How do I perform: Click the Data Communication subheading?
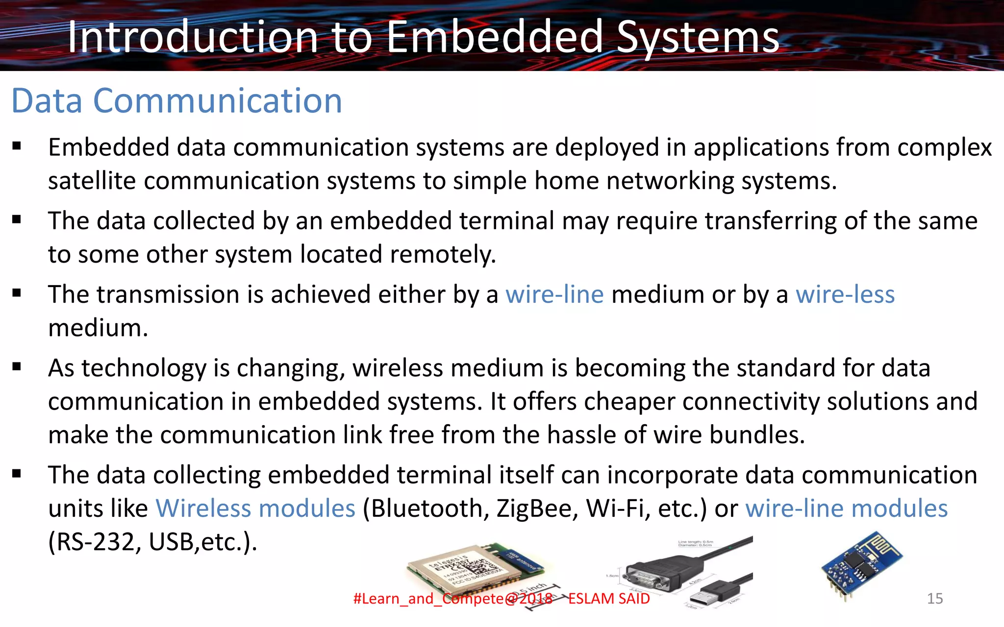(176, 101)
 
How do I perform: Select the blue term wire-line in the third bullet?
(554, 294)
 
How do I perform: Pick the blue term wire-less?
(845, 294)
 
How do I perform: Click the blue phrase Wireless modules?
(255, 508)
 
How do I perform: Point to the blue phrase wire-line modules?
(846, 508)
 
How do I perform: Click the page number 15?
(934, 599)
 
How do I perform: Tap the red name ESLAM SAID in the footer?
(609, 599)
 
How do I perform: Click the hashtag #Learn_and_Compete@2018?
(452, 599)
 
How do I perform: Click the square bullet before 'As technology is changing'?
(17, 366)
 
